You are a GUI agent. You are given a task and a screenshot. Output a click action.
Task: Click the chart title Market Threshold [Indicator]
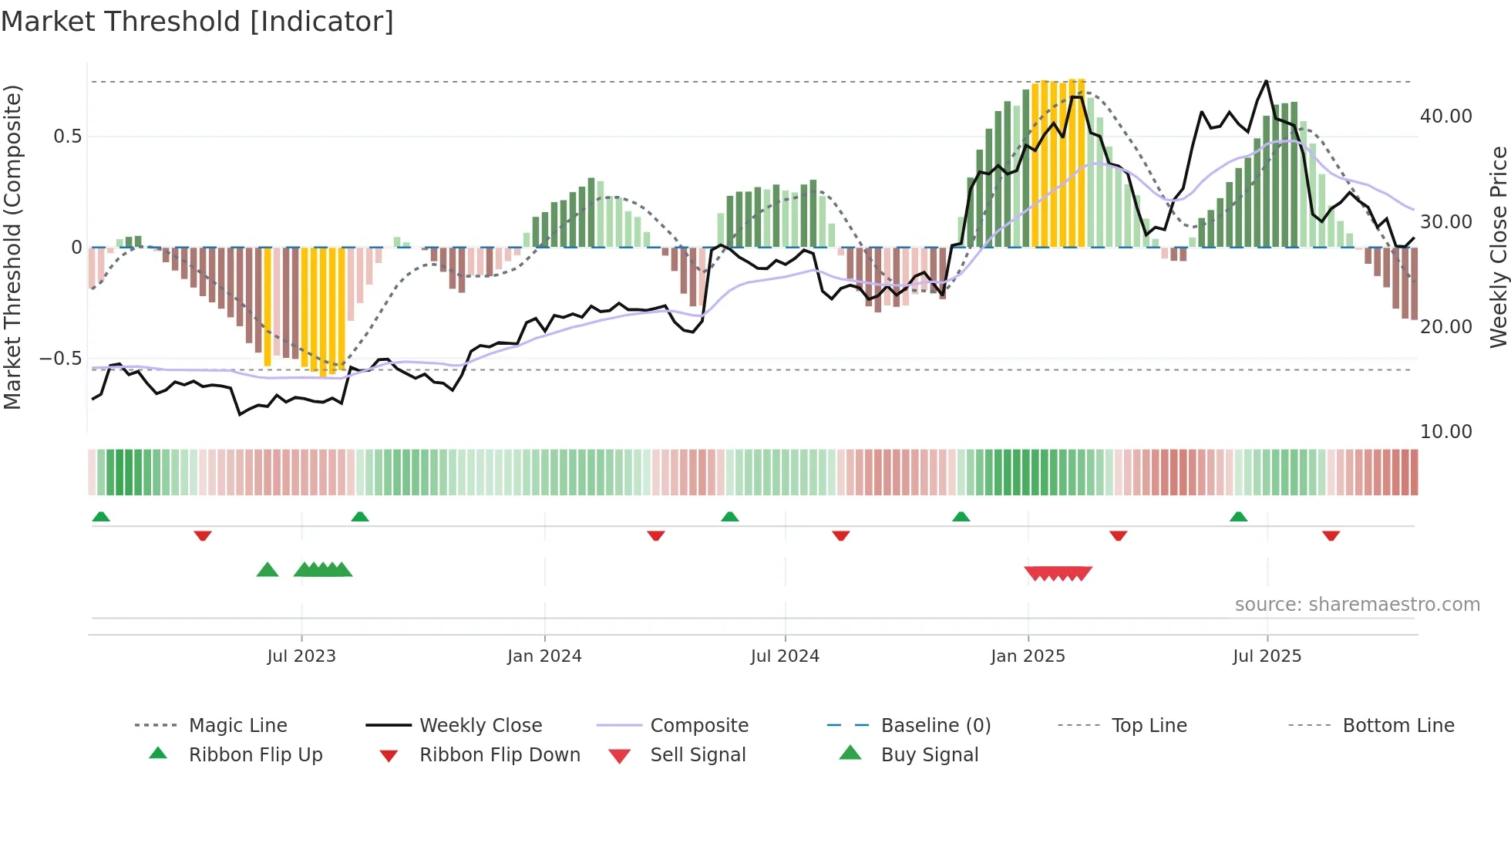pyautogui.click(x=197, y=22)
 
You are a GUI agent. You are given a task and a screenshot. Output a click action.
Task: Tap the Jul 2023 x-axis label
pyautogui.click(x=301, y=656)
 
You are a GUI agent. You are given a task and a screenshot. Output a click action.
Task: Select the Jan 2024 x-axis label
pyautogui.click(x=544, y=656)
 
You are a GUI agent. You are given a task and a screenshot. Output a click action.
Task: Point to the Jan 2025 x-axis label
pyautogui.click(x=1028, y=656)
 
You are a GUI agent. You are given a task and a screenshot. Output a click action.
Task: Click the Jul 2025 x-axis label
pyautogui.click(x=1267, y=656)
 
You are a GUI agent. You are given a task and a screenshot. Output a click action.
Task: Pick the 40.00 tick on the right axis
pyautogui.click(x=1445, y=116)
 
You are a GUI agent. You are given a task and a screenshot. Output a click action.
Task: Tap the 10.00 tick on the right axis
pyautogui.click(x=1445, y=432)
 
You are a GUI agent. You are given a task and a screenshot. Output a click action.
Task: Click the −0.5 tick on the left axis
pyautogui.click(x=60, y=359)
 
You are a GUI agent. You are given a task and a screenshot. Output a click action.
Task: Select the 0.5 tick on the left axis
pyautogui.click(x=67, y=137)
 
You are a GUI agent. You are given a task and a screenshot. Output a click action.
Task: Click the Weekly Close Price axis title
pyautogui.click(x=1498, y=247)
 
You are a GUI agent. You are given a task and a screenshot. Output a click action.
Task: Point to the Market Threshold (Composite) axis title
pyautogui.click(x=12, y=247)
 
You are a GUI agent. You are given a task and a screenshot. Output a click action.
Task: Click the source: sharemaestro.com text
pyautogui.click(x=1357, y=605)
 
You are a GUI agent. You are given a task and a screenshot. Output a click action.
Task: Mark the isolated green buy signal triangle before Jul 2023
pyautogui.click(x=267, y=570)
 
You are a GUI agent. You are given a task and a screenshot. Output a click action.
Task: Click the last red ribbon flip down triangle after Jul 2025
pyautogui.click(x=1331, y=535)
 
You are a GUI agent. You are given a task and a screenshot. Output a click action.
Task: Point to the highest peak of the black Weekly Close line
pyautogui.click(x=1266, y=81)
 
